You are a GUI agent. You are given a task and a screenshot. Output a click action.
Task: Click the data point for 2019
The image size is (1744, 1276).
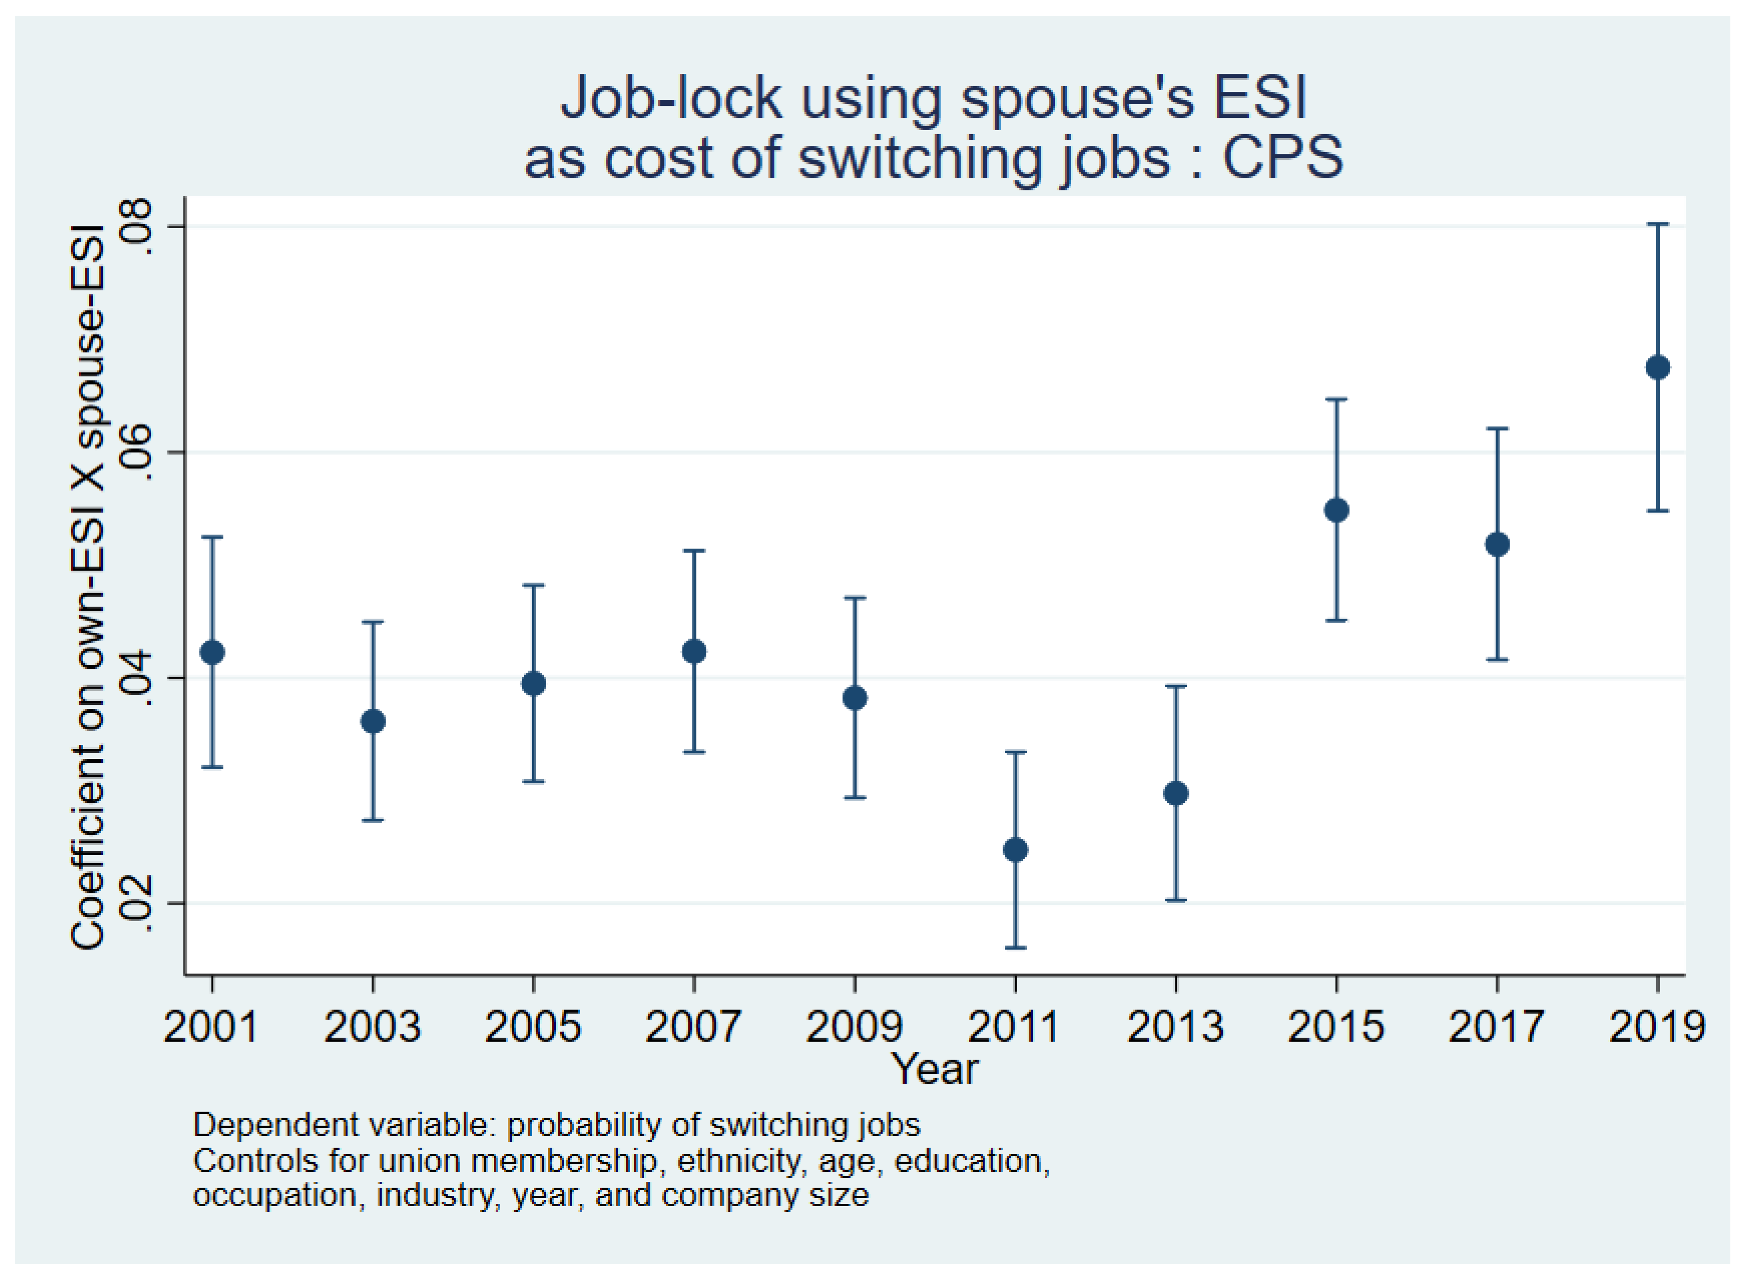[1657, 368]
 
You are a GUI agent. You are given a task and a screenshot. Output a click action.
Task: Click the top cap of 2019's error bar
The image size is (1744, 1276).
[1657, 224]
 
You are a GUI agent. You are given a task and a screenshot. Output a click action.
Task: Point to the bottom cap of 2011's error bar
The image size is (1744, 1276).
[1015, 947]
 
